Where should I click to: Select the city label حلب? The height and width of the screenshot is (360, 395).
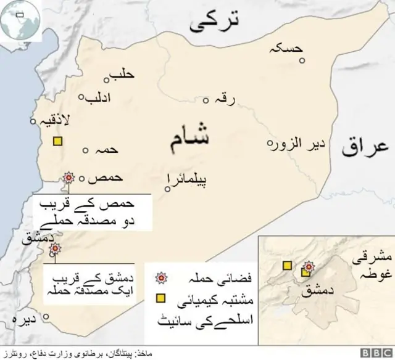(x=122, y=75)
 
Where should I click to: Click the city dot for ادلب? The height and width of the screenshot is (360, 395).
(x=81, y=97)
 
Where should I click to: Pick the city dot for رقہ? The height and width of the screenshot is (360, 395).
(x=206, y=100)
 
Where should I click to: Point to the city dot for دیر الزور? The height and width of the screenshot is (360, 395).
(x=270, y=144)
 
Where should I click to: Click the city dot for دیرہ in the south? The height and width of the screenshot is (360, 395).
(x=46, y=318)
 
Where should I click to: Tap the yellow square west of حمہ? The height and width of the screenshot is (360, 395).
(x=57, y=141)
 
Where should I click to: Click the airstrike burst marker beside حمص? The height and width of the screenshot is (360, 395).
(x=69, y=178)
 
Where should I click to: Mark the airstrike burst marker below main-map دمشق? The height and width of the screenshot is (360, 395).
(x=56, y=248)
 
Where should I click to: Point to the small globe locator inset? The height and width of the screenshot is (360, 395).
(x=20, y=21)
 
